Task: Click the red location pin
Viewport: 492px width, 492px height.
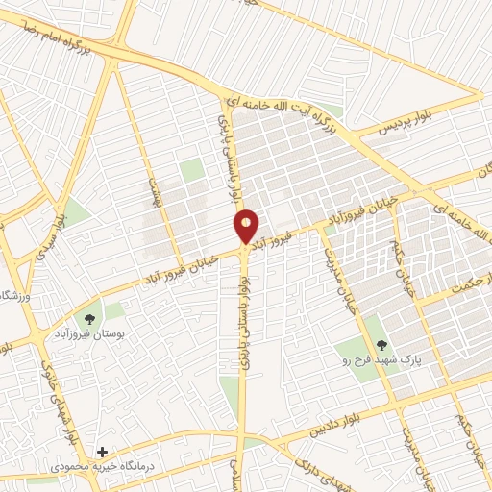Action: click(x=247, y=227)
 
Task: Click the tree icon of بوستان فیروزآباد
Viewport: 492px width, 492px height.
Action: click(x=89, y=317)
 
